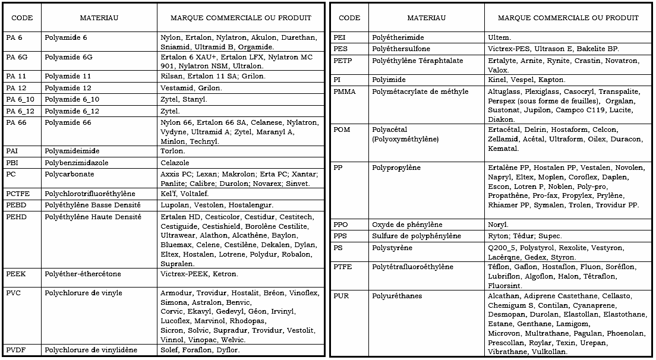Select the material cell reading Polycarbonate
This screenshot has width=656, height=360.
point(70,175)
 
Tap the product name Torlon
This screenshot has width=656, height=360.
point(173,151)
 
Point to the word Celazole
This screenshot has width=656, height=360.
point(175,163)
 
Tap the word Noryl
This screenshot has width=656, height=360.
point(498,225)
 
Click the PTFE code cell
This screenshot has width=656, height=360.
point(343,267)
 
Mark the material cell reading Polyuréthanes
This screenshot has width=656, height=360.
point(398,296)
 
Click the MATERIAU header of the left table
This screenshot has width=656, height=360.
point(99,18)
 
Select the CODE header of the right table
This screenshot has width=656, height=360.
point(349,18)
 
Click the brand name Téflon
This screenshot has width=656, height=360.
point(499,267)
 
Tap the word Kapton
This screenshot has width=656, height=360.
point(552,80)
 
